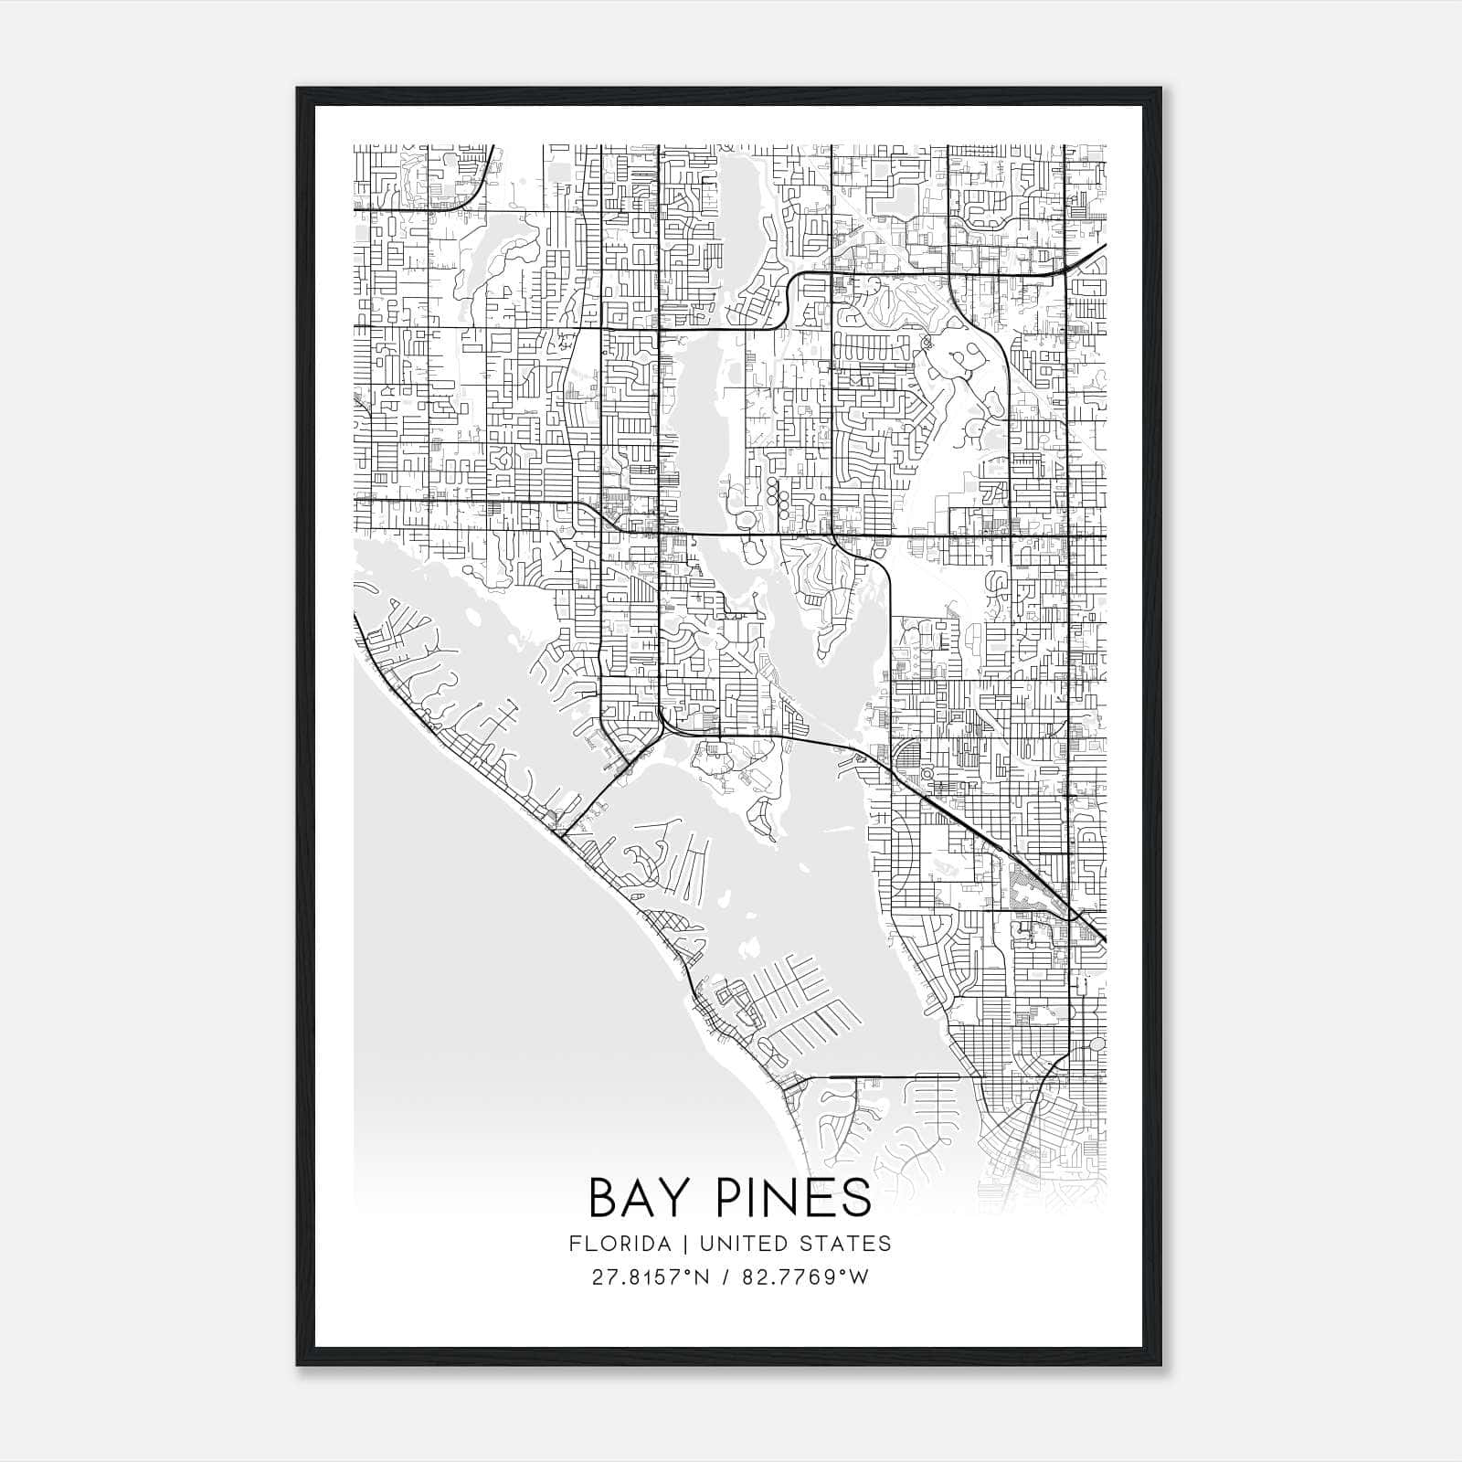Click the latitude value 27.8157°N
[651, 1277]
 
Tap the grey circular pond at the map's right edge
[1096, 1043]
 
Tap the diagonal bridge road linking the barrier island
[599, 795]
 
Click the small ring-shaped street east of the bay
[927, 774]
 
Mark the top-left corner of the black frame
[297, 89]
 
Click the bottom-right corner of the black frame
[1161, 1365]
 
